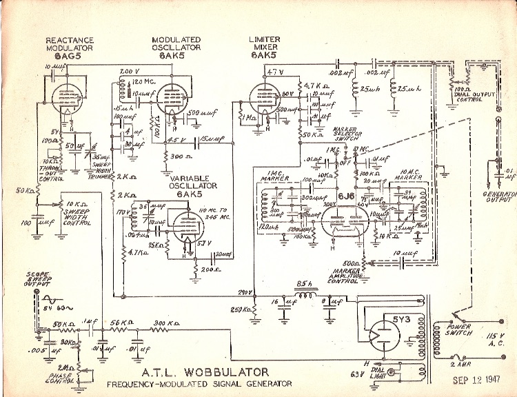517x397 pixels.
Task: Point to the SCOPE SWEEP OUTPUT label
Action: click(41, 279)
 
